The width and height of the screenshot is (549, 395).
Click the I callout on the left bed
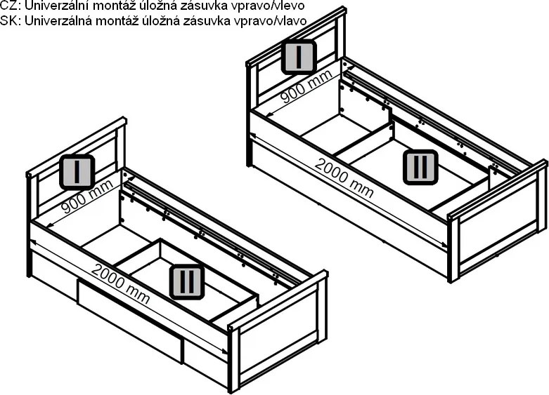(77, 172)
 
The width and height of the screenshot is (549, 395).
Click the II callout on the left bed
(186, 282)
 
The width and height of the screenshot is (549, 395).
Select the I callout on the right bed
(299, 57)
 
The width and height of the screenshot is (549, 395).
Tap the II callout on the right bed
(420, 167)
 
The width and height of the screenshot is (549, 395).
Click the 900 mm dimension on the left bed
(87, 197)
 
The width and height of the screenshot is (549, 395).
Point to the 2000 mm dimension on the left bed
(121, 283)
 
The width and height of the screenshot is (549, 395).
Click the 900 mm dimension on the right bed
(306, 87)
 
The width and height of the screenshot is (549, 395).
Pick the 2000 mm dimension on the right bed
(344, 178)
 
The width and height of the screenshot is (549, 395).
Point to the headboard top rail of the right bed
(296, 36)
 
